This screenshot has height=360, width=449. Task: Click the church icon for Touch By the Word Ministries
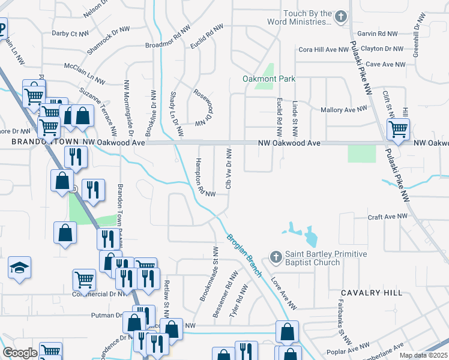tap(341, 17)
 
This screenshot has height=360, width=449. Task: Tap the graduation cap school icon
tap(19, 269)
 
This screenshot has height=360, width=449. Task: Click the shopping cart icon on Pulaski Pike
tap(398, 129)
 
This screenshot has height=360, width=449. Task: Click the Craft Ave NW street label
tap(388, 216)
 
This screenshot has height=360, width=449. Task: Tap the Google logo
tap(20, 353)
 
